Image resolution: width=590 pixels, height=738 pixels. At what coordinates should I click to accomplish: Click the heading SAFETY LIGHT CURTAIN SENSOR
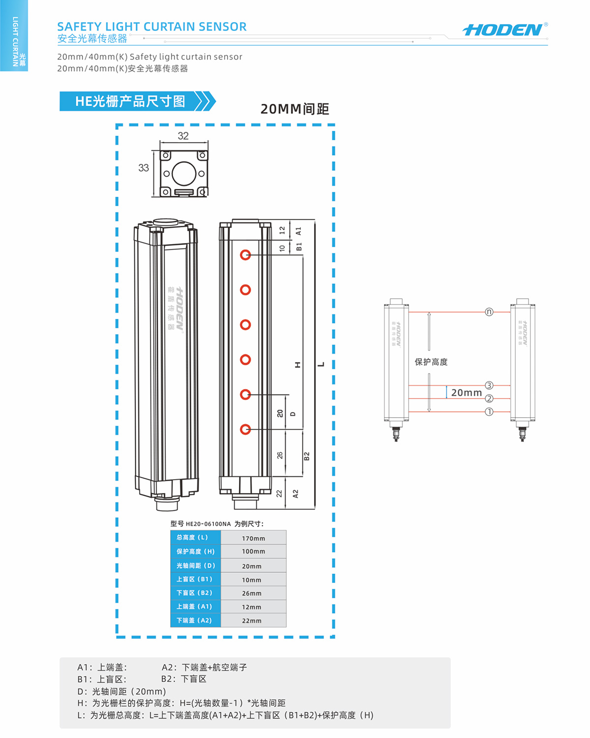pos(151,27)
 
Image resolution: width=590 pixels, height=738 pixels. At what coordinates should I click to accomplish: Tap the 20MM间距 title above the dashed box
pos(295,109)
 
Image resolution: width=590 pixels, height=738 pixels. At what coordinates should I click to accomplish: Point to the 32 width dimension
pos(183,136)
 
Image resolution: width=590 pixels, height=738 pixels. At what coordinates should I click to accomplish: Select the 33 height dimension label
pos(143,168)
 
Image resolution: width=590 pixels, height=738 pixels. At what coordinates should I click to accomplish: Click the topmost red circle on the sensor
pos(245,255)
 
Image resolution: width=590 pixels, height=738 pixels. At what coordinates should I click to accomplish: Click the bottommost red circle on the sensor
pos(245,430)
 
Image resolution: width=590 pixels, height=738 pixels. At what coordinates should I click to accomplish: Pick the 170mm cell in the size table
pos(253,538)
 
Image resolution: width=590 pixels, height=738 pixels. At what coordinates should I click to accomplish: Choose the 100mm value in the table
pos(253,552)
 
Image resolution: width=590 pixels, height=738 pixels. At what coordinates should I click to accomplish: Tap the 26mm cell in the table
pos(252,593)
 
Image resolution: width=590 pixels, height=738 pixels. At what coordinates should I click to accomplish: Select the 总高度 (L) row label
pos(192,537)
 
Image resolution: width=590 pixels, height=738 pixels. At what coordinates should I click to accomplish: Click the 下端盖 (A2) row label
pos(194,620)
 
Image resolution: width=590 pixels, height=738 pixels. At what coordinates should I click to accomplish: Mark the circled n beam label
pos(489,312)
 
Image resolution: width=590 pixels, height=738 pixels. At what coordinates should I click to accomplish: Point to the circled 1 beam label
pos(489,412)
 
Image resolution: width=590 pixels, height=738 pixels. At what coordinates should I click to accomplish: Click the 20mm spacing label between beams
pos(466,393)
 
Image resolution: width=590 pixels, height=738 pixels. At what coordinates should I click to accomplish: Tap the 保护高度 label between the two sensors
pos(431,362)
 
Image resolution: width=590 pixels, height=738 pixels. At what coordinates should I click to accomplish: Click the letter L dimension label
pos(321,365)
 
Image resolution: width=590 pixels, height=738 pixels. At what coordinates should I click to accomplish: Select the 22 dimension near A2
pos(279,493)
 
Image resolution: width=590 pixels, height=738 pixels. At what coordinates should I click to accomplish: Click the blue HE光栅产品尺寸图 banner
pos(130,101)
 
